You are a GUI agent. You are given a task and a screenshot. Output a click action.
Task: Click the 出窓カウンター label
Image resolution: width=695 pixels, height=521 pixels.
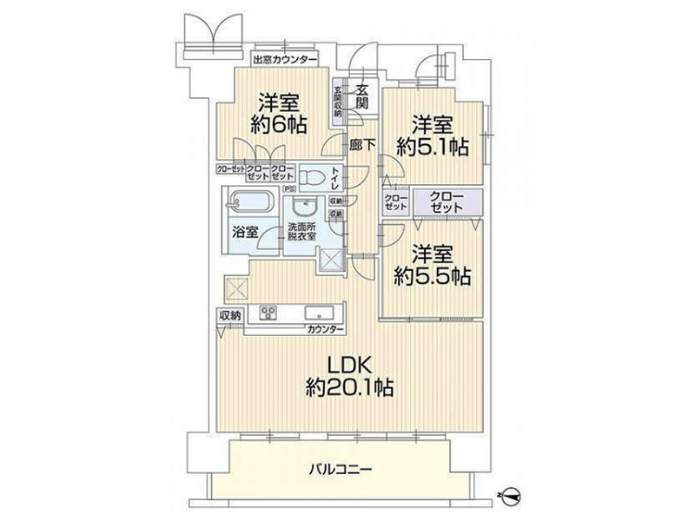[284, 61]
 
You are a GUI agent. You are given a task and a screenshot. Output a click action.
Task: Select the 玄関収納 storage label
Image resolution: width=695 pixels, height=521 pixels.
[337, 102]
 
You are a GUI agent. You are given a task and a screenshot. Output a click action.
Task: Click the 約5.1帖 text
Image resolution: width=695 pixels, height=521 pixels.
[432, 147]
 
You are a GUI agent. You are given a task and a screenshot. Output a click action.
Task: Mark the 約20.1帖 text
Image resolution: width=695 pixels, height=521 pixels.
[349, 387]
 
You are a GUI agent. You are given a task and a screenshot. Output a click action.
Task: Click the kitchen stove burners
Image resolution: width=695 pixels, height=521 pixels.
[268, 312]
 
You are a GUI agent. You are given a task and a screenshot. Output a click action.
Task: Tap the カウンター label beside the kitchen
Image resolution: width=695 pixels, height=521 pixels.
[324, 330]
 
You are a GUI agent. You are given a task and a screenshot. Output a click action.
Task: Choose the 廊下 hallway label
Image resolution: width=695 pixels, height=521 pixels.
[361, 146]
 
